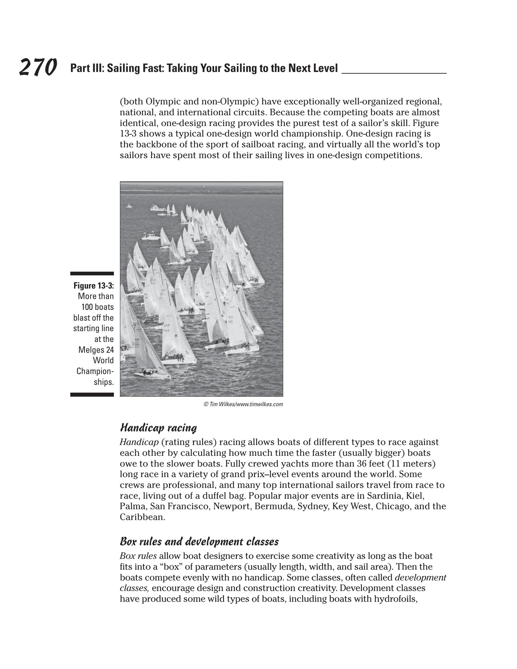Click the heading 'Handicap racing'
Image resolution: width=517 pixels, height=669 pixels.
click(158, 428)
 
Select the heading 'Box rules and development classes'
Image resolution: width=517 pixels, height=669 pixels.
click(199, 542)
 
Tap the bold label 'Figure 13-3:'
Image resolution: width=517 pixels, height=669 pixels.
click(94, 286)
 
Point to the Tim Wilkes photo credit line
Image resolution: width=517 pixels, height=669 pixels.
click(243, 404)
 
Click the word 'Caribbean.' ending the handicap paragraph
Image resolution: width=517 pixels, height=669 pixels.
click(142, 517)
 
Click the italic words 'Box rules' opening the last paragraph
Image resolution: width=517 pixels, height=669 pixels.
click(138, 556)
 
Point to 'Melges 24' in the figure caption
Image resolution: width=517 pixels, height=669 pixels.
click(96, 350)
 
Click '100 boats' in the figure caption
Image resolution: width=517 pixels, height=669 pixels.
click(97, 307)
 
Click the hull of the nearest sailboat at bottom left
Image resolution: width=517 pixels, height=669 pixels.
click(149, 374)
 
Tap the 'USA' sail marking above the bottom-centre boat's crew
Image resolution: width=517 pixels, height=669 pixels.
click(167, 325)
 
